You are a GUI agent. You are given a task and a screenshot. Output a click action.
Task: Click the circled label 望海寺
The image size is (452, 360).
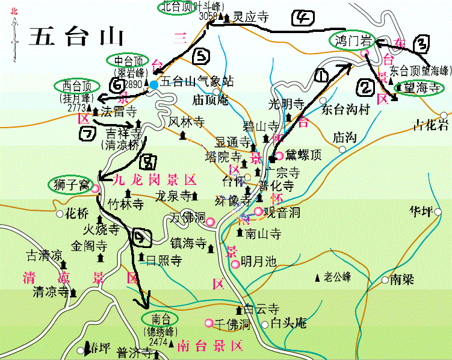(x=418, y=88)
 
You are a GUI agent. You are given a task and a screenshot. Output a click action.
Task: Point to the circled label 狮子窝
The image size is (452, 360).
(x=67, y=182)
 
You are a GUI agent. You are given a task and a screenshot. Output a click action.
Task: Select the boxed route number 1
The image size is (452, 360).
(x=321, y=76)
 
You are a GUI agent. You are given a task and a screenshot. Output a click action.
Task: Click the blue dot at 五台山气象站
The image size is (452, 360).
(x=154, y=85)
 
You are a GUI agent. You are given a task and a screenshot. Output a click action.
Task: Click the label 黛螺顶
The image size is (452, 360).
(x=305, y=155)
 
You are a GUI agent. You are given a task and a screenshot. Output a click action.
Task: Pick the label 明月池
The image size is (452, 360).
(x=258, y=261)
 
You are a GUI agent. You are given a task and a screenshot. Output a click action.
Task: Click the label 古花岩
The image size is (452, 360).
(x=430, y=125)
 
